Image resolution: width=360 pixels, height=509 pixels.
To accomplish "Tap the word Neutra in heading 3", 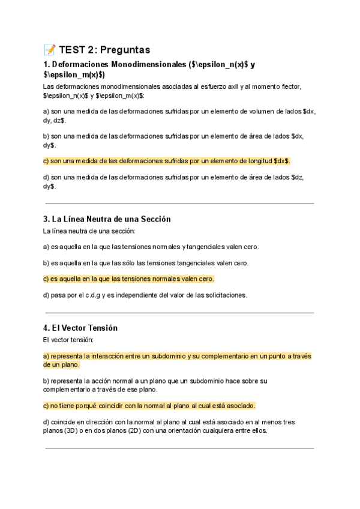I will [89, 219].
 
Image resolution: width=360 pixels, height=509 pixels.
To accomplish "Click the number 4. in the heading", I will [46, 328].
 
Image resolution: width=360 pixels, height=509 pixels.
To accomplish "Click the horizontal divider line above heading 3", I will [179, 203].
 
